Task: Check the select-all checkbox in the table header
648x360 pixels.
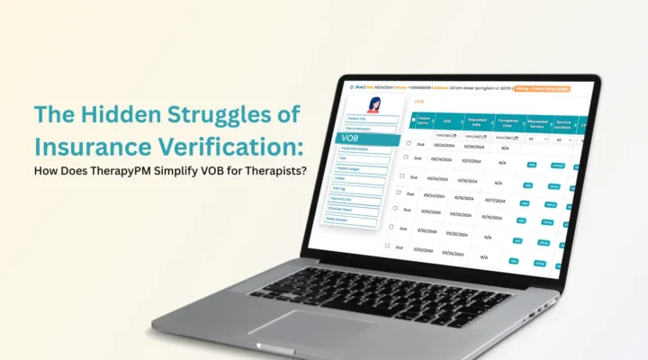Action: (x=413, y=119)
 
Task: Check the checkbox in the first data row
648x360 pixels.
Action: (x=409, y=143)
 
